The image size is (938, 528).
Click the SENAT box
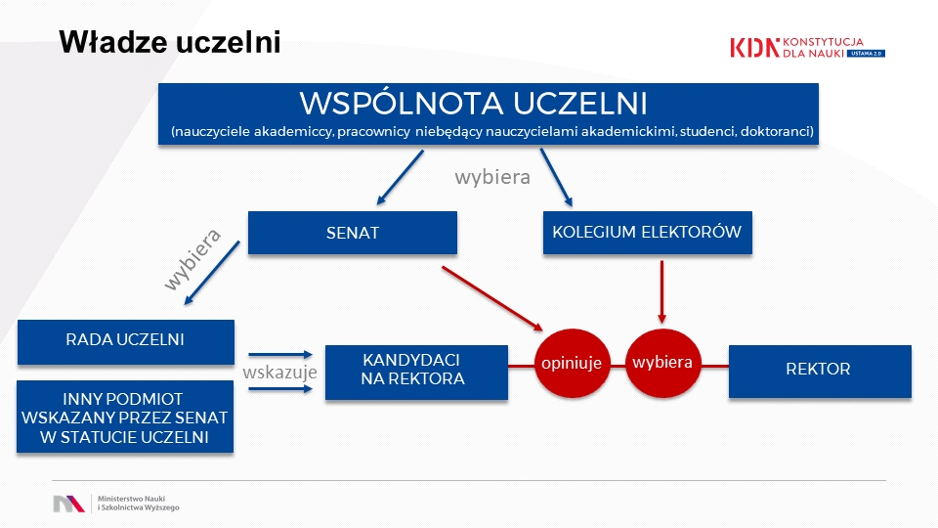353,233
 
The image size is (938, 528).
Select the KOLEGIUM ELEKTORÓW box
647,233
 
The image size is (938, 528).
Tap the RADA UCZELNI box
126,342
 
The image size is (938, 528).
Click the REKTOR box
820,372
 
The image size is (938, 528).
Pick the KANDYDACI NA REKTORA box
416,372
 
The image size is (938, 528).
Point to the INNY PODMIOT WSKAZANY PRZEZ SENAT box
125,417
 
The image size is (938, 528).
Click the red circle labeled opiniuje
572,364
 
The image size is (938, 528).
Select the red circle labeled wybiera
662,364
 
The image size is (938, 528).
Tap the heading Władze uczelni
170,42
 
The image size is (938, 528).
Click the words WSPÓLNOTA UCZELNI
473,103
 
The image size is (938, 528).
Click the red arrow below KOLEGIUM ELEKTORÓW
661,292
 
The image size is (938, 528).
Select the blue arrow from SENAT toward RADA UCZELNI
212,273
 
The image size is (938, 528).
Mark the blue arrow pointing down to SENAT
400,178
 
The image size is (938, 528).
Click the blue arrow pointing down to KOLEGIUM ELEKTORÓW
556,178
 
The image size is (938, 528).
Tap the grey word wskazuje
279,373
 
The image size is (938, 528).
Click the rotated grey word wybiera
192,260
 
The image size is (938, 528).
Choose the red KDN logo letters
755,48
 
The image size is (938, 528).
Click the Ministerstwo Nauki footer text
138,503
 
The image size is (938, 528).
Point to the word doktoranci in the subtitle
777,131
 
